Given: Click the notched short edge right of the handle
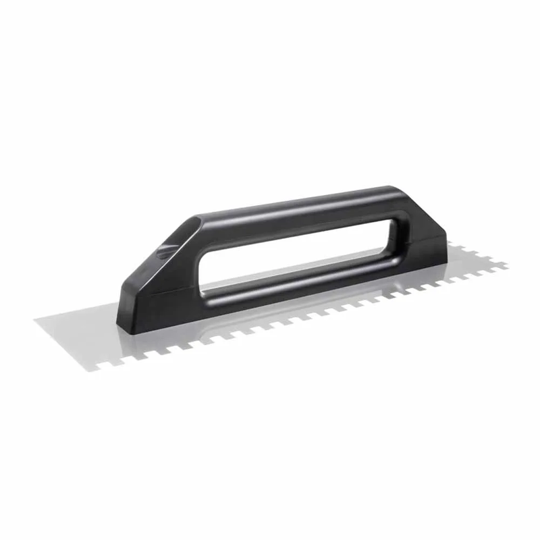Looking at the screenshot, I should point(476,253).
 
